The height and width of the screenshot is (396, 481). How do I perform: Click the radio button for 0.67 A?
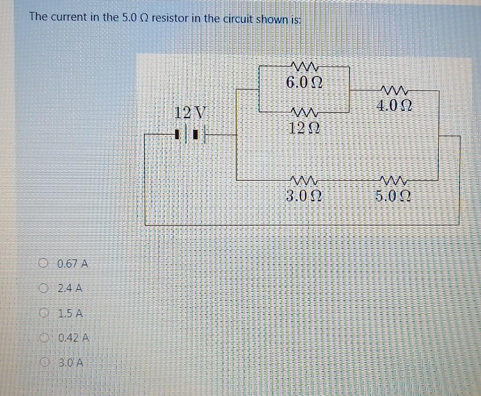click(x=44, y=263)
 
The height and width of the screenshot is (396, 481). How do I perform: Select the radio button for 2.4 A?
click(x=44, y=288)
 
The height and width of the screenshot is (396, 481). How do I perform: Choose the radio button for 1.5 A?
click(x=44, y=313)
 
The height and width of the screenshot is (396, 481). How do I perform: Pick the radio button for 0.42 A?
click(x=44, y=338)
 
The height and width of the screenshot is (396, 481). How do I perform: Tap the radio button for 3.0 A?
click(x=44, y=363)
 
